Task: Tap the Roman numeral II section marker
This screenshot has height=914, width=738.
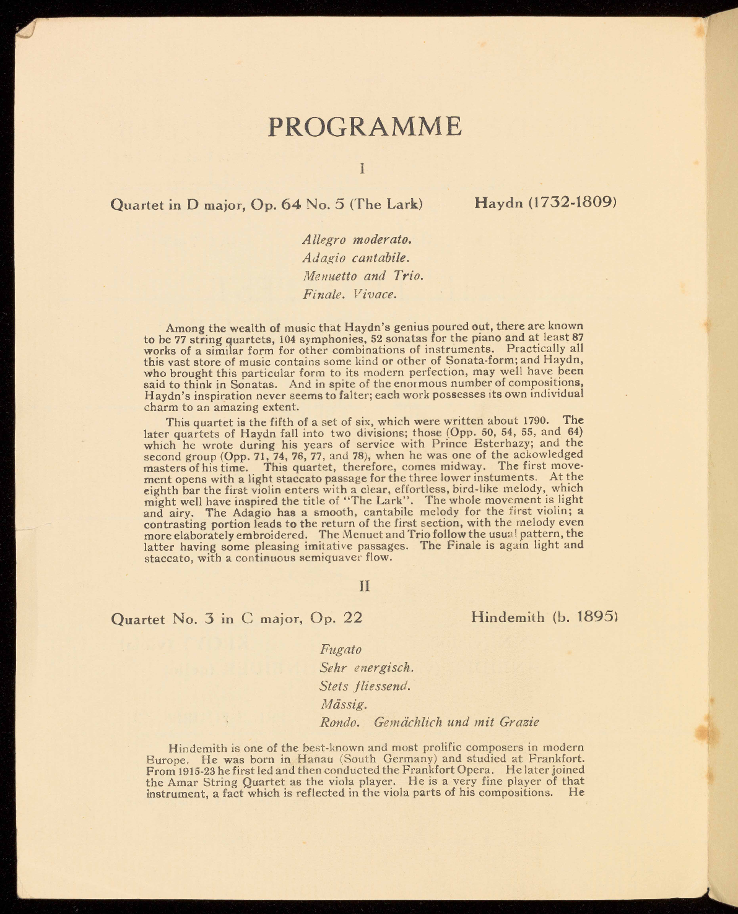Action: point(364,585)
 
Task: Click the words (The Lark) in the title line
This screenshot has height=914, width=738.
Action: point(386,204)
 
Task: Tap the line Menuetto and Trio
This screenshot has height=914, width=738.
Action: point(363,275)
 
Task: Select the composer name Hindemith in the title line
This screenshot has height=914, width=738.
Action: point(508,617)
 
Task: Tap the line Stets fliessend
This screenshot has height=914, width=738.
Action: point(365,686)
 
